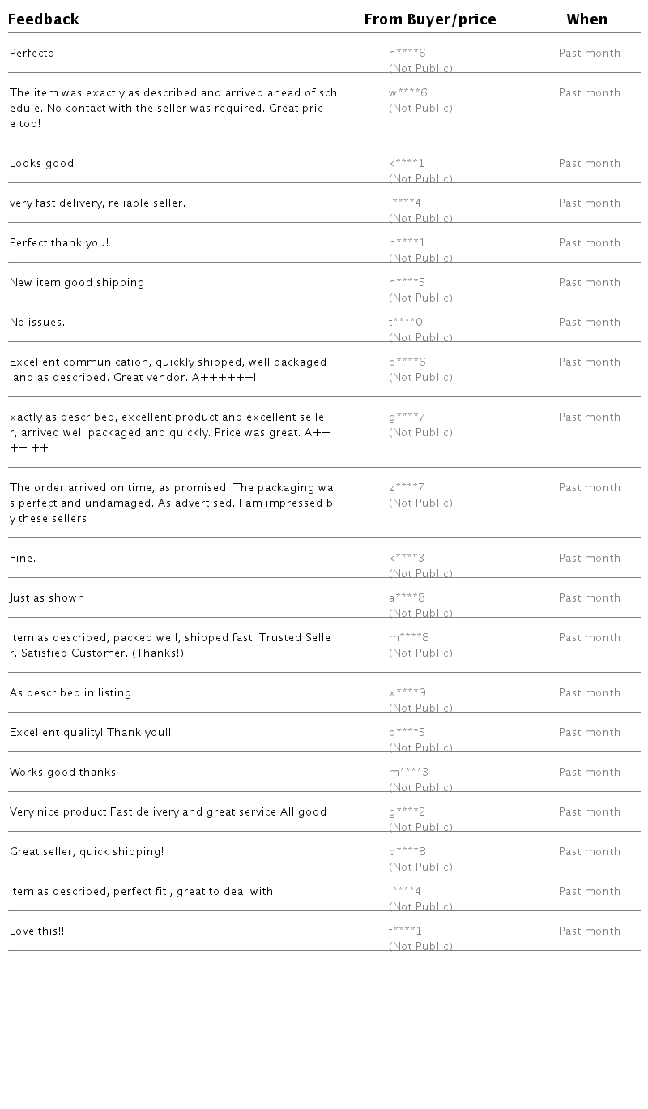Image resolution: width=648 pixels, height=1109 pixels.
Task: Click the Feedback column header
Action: point(44,19)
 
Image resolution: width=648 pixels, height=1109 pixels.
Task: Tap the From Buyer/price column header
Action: point(430,19)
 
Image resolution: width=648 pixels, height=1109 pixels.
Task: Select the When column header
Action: point(587,19)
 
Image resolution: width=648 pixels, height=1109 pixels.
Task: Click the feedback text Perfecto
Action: point(32,54)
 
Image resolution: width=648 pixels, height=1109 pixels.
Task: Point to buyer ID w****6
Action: point(407,93)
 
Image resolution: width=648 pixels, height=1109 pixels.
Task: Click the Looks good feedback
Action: point(41,164)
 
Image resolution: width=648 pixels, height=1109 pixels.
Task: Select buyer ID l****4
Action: point(405,203)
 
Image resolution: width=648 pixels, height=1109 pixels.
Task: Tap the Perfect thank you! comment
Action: point(59,243)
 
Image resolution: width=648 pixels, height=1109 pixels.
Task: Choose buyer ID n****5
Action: point(407,283)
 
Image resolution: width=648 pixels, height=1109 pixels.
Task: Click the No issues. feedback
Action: point(37,323)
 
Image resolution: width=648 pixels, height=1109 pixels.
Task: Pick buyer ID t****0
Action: point(406,323)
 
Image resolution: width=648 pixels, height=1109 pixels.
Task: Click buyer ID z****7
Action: point(407,488)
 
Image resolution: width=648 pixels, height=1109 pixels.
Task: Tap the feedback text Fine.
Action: point(23,559)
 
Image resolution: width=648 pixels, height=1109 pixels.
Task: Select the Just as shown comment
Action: point(47,598)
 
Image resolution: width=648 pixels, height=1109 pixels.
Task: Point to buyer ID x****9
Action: point(407,693)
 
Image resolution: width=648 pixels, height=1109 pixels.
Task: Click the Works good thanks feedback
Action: point(62,773)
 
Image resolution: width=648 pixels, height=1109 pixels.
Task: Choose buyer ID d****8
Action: point(407,852)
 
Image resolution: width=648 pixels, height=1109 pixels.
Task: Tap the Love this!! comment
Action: point(36,931)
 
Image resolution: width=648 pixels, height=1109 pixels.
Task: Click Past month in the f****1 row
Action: point(590,931)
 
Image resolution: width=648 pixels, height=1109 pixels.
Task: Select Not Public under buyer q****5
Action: point(420,747)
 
